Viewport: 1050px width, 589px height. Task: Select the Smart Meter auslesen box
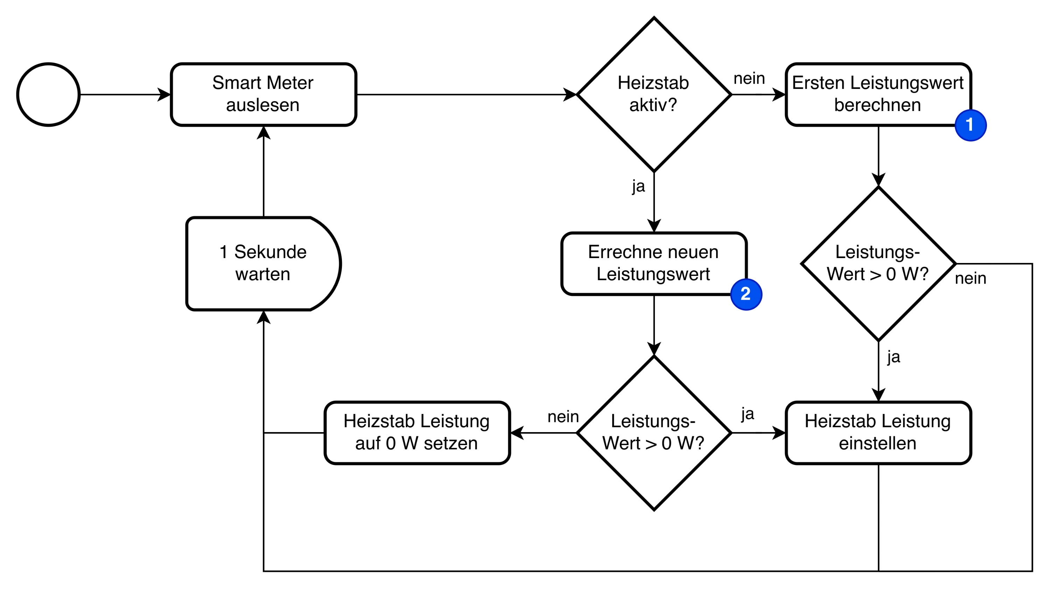coord(263,94)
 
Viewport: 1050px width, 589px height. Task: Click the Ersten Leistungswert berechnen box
coord(878,94)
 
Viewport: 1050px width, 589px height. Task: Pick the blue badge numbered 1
coord(971,125)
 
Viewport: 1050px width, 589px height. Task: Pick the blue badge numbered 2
coord(746,294)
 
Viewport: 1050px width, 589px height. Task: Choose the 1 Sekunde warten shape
coord(263,263)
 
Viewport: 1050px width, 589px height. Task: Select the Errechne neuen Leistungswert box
coord(654,263)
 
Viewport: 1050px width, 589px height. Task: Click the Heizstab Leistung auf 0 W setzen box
coord(417,433)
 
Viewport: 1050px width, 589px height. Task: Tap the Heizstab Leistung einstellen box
coord(878,433)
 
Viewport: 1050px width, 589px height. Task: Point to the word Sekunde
coord(270,252)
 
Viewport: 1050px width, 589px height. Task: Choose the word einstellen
coord(877,443)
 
